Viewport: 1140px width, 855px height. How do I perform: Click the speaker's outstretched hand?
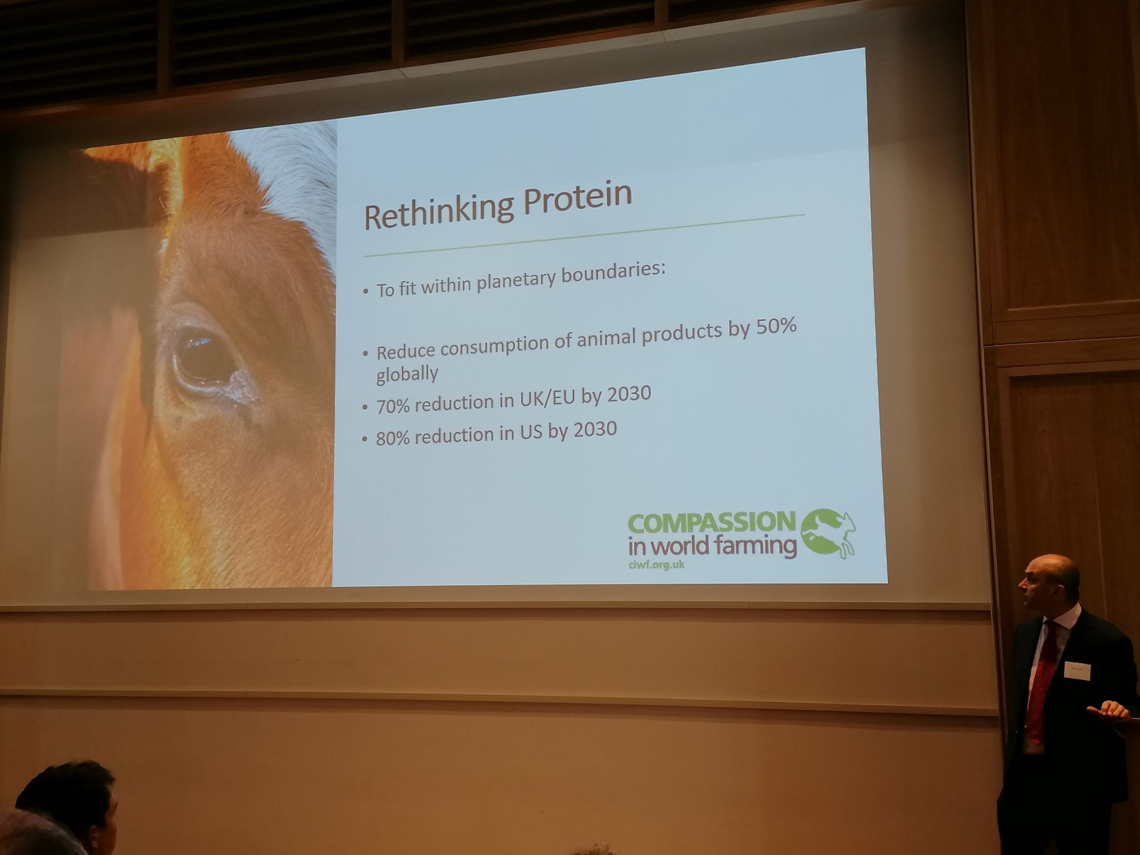[1108, 711]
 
